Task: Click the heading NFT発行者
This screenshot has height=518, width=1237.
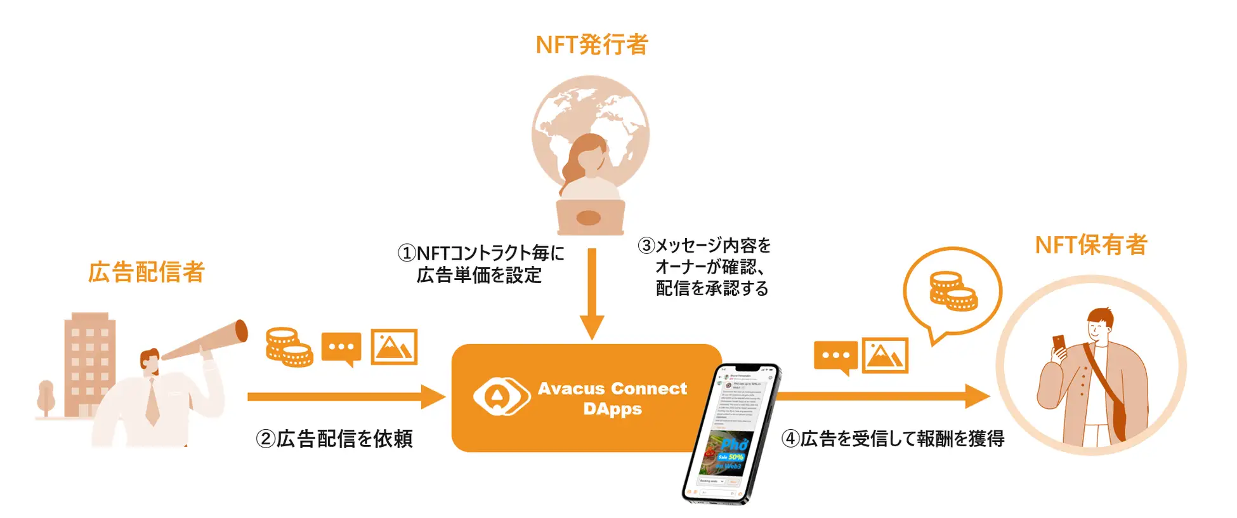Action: coord(591,45)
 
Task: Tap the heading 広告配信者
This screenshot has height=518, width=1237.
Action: coord(147,272)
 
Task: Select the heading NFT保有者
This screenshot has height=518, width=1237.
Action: coord(1090,245)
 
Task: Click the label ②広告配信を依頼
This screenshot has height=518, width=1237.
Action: coord(334,439)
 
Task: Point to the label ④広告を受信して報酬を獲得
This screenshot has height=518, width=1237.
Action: coord(893,439)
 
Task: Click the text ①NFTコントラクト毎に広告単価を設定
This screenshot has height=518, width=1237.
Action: coord(480,264)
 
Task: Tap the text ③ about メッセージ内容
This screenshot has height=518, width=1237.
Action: coord(705,267)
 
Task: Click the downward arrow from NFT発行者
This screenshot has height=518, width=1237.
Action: coord(592,292)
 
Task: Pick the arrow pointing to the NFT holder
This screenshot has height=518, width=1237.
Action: coord(882,396)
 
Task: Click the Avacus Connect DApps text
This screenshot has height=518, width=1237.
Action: coord(612,399)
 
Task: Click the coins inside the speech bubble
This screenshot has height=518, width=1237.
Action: coord(952,291)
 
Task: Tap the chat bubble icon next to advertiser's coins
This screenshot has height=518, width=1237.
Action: coord(341,348)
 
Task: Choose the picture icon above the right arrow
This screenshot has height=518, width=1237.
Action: coord(885,355)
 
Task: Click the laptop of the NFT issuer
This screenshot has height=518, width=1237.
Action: coord(590,217)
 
